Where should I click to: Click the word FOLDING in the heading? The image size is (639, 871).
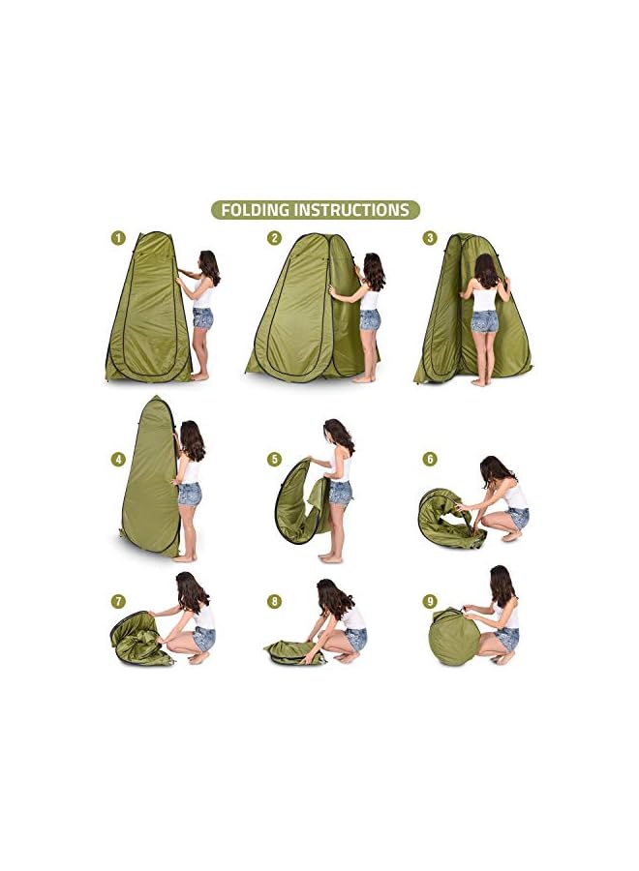click(256, 210)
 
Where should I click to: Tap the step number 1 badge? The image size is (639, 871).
click(118, 237)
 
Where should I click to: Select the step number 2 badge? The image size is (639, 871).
click(275, 237)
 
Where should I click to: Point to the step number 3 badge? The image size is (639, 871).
click(430, 237)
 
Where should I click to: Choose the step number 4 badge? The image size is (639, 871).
click(118, 460)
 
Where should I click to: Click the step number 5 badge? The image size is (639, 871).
click(275, 460)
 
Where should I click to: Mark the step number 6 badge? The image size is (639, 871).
click(430, 460)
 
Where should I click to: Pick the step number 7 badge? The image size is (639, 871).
click(118, 602)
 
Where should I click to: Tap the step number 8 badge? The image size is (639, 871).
click(275, 602)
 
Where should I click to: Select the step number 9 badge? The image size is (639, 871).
click(430, 602)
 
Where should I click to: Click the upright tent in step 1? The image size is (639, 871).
click(148, 310)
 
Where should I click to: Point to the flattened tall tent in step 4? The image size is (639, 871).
click(149, 479)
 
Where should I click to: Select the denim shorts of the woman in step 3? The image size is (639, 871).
click(484, 322)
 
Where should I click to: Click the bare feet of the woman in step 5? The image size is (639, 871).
click(331, 557)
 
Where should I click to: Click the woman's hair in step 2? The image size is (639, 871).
click(374, 270)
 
